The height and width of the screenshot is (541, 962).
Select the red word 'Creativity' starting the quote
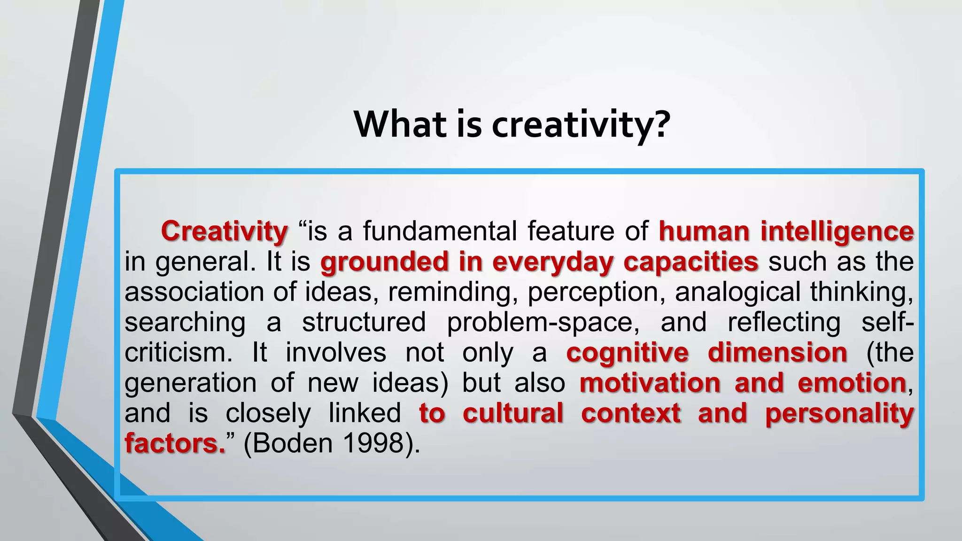point(225,232)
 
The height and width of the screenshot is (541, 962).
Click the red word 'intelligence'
point(837,232)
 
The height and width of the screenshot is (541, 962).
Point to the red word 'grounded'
point(384,262)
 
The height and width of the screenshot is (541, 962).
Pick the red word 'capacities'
point(690,262)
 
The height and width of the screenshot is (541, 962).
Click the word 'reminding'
point(450,292)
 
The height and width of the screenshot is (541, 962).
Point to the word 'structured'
point(364,323)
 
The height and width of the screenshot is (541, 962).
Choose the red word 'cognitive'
point(627,353)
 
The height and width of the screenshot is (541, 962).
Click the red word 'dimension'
point(777,353)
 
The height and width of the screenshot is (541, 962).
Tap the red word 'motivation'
point(650,383)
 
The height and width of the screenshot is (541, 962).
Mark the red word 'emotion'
point(852,383)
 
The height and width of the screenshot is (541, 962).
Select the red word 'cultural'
point(513,413)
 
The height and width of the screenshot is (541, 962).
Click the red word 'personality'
point(839,413)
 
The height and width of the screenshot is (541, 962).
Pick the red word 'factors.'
point(175,443)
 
